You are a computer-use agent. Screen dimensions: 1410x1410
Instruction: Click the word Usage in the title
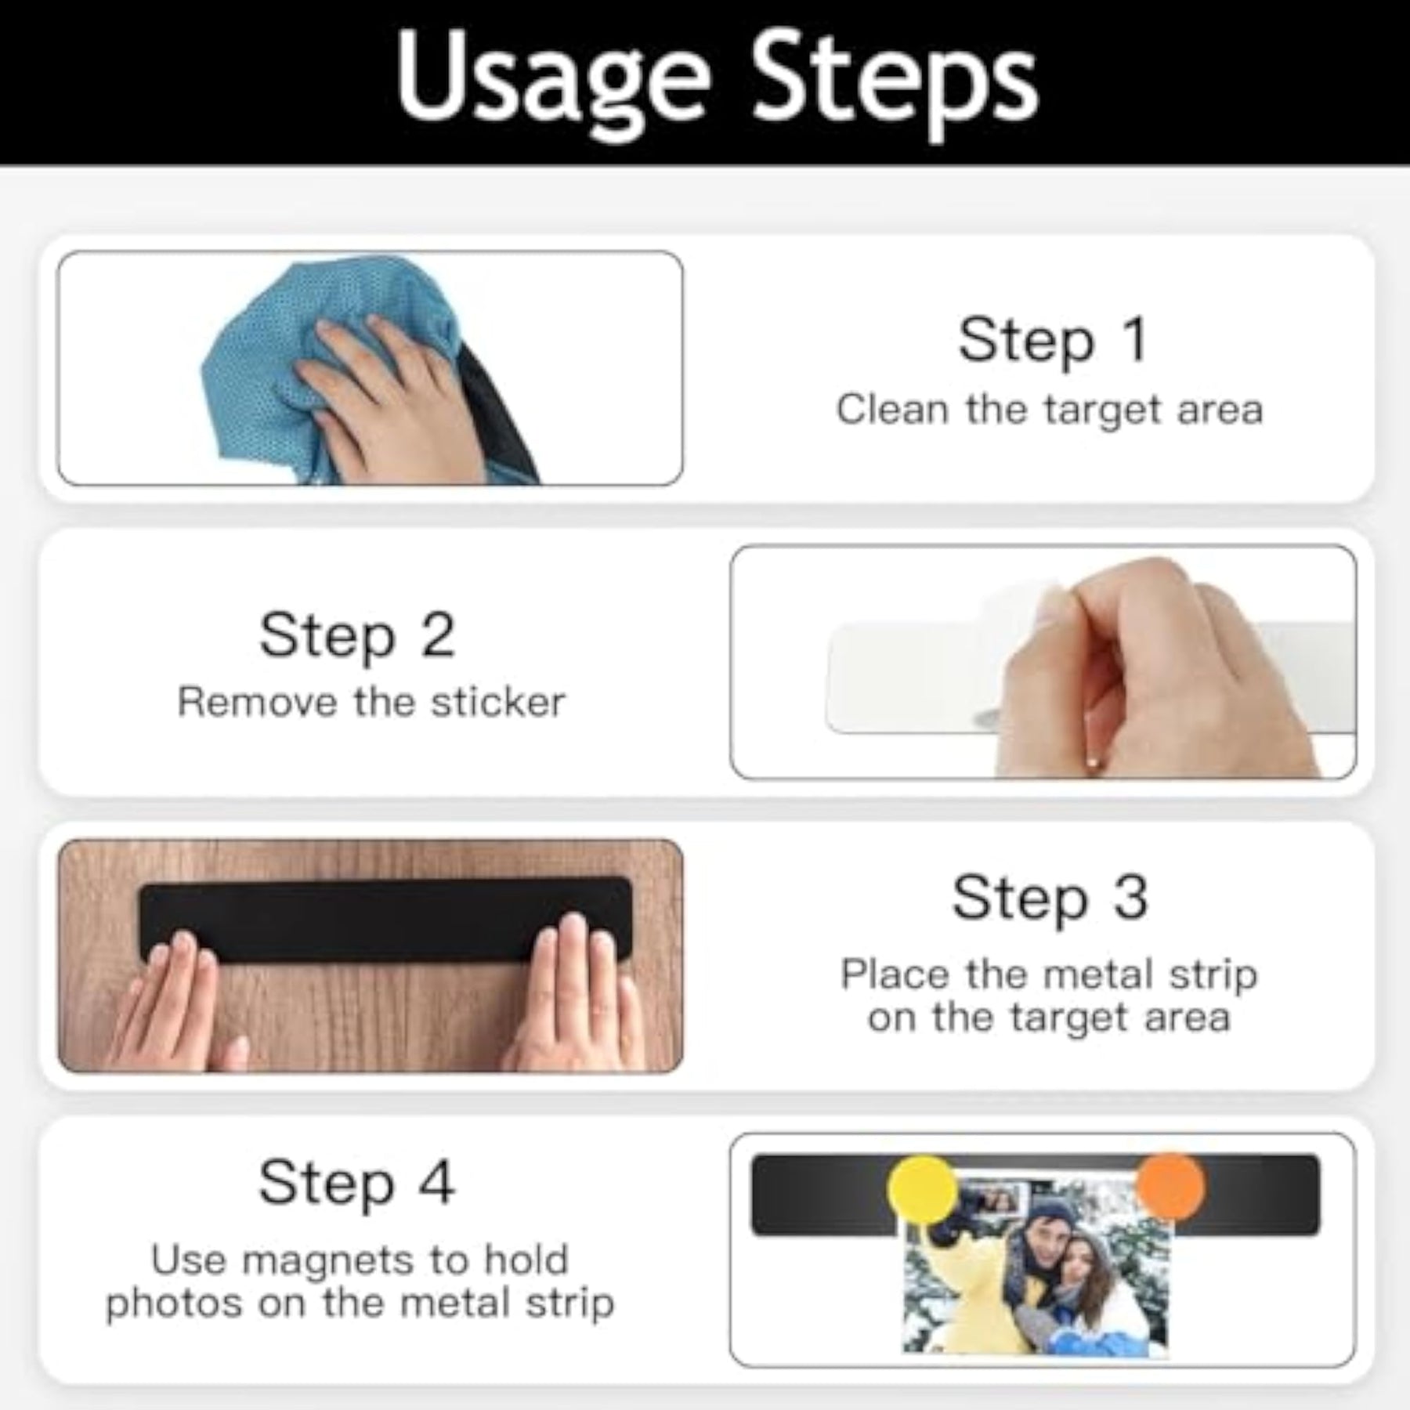552,85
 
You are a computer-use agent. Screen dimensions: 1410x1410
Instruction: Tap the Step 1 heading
1053,341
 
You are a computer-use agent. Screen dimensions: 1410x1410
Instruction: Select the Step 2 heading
356,635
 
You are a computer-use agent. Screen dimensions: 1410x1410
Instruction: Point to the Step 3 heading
1050,898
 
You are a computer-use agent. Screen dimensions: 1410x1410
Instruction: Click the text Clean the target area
1050,410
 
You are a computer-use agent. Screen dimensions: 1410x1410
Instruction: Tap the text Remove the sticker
371,702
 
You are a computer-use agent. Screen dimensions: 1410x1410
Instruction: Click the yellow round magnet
924,1189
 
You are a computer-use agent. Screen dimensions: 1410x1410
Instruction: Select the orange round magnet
1170,1186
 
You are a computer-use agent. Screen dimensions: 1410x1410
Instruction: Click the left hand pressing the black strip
176,1003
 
